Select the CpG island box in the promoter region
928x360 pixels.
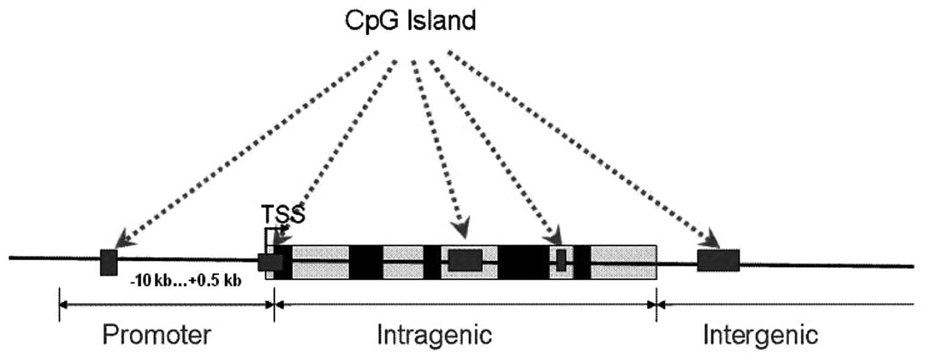click(x=109, y=262)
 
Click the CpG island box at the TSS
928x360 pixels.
click(x=270, y=262)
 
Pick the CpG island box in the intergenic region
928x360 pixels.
click(x=718, y=261)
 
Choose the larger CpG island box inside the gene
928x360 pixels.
click(x=465, y=261)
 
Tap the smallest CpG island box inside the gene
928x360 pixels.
click(x=561, y=261)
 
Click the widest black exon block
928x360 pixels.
click(x=523, y=262)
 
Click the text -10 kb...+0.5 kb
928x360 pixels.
click(x=186, y=281)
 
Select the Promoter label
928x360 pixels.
click(x=157, y=335)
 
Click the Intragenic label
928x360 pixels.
click(x=435, y=335)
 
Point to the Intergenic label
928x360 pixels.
click(x=760, y=335)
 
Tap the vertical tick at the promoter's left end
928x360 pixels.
click(x=59, y=305)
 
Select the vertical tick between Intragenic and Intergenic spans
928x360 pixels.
click(x=656, y=305)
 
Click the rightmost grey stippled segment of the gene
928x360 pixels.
click(x=623, y=262)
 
